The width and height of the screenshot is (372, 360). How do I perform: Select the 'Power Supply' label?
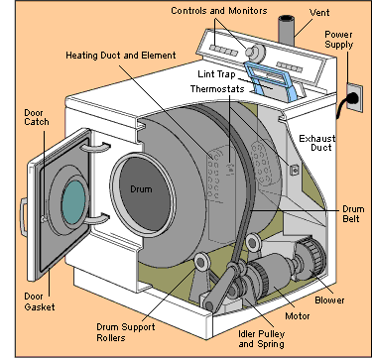343,40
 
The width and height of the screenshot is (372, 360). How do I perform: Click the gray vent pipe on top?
292,30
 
